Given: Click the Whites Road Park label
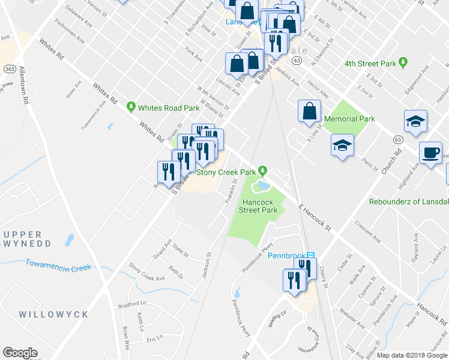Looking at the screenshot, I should [x=168, y=108].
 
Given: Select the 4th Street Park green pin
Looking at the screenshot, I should [x=403, y=62].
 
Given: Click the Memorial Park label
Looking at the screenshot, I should [x=349, y=119].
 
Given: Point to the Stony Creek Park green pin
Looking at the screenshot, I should [x=262, y=170].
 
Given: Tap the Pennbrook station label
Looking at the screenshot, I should [x=286, y=256].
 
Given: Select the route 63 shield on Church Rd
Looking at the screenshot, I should [x=397, y=139].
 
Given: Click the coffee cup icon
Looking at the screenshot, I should [x=432, y=152].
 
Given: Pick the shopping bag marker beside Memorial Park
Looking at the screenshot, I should [x=310, y=111].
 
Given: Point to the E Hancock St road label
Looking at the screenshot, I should [x=315, y=217].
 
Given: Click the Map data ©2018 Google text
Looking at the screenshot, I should [x=412, y=355].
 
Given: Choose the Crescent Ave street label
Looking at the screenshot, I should [x=368, y=234].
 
